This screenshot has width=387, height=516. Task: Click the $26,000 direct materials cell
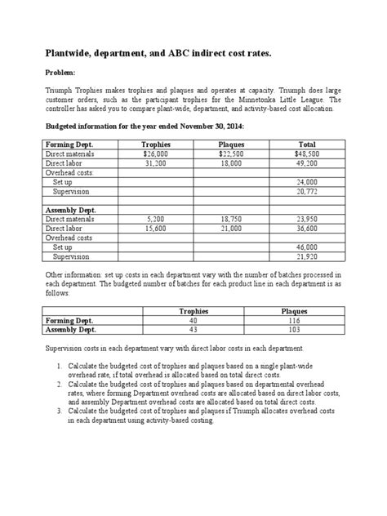(155, 153)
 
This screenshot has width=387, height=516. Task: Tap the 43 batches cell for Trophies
(193, 331)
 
